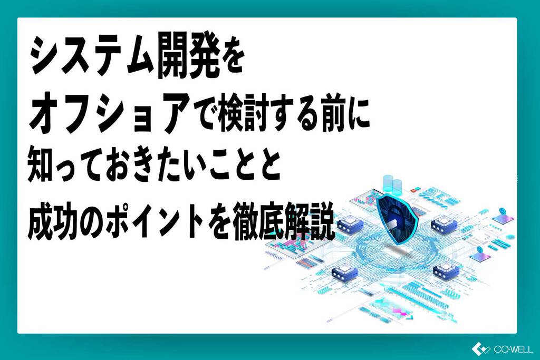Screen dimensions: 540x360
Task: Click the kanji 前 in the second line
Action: [x=334, y=115]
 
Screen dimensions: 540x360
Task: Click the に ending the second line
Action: [x=359, y=115]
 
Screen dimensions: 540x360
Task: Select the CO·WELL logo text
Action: [x=513, y=349]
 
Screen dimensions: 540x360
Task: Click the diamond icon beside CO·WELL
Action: [x=481, y=349]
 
